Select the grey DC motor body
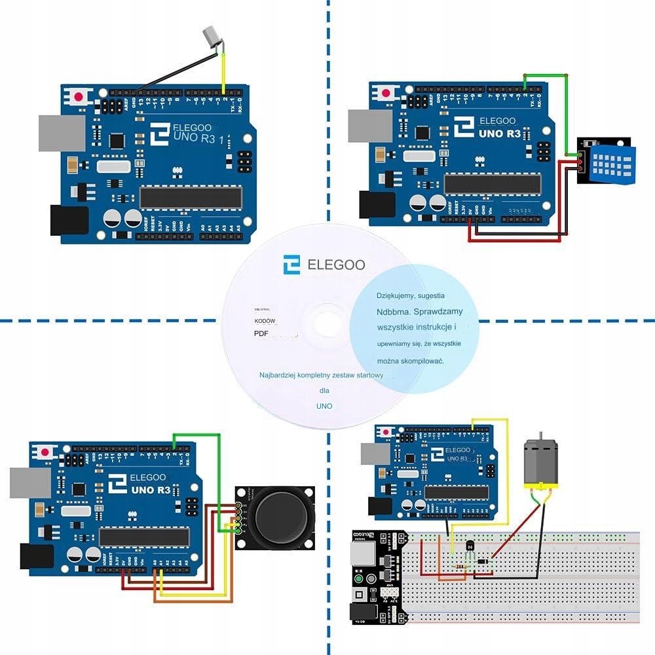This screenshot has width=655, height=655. click(x=539, y=461)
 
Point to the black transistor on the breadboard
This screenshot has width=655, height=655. click(x=469, y=545)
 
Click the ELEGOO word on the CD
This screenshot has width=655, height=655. click(x=336, y=265)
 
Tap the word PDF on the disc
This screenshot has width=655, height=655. click(x=261, y=334)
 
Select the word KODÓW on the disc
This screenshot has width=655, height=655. click(x=265, y=321)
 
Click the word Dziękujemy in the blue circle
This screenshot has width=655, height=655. click(x=396, y=296)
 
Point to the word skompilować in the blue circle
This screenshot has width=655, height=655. click(x=420, y=361)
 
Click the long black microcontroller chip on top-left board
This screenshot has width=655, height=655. click(x=191, y=195)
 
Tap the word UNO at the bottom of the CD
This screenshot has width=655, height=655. click(x=324, y=406)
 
